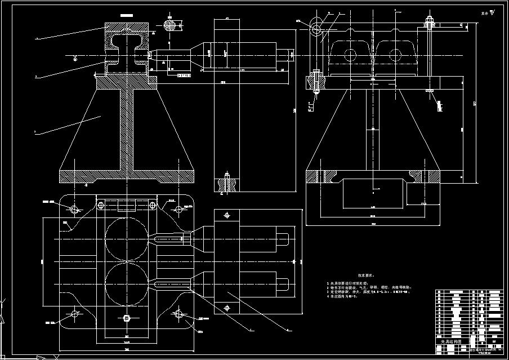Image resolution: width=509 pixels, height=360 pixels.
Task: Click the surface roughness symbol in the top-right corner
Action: tap(493, 11)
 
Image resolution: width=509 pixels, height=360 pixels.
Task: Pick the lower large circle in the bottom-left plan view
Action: tap(125, 281)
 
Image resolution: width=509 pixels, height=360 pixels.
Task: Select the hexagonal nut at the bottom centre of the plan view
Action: tap(125, 319)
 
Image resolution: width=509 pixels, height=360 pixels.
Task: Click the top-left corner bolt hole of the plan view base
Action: tap(74, 209)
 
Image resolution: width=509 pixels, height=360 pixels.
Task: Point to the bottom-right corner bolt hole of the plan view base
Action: tap(180, 313)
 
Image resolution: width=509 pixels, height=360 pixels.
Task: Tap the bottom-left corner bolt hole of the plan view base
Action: tap(74, 313)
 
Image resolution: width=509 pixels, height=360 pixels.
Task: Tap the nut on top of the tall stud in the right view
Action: tap(429, 22)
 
